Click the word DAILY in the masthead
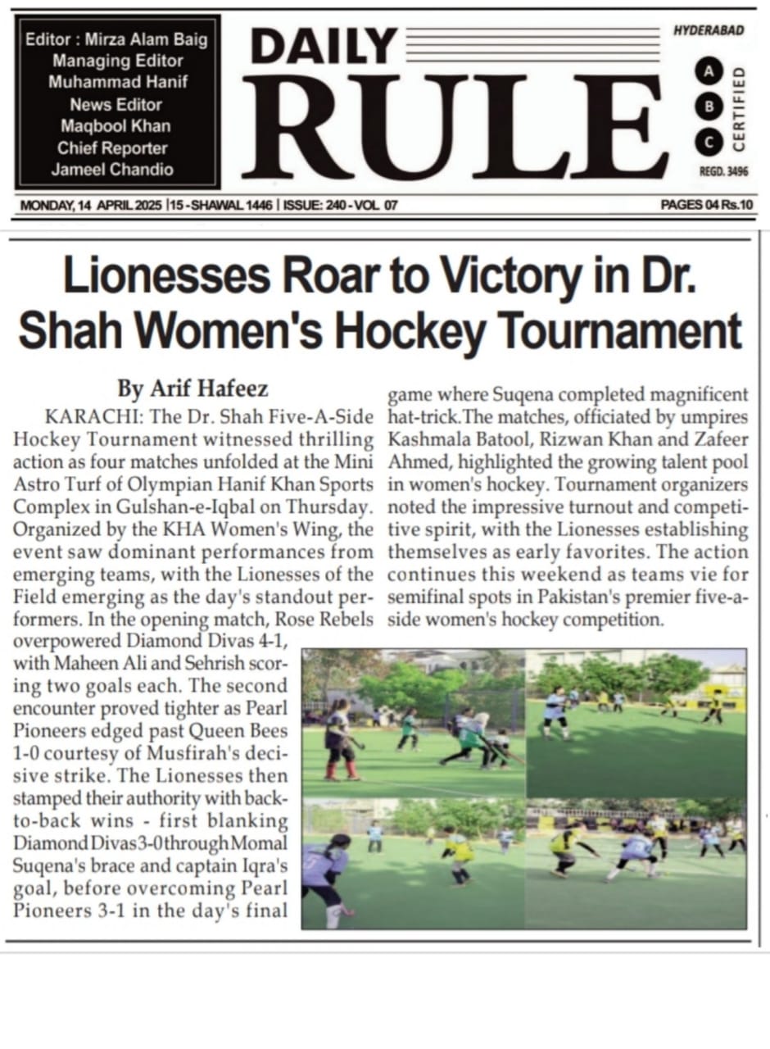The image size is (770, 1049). (324, 47)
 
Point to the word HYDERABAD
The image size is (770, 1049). (709, 31)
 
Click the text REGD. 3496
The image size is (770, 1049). (723, 172)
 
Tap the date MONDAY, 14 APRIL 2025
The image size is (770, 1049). (91, 206)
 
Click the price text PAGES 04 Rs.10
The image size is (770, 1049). (707, 206)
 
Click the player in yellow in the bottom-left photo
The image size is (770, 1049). (459, 852)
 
